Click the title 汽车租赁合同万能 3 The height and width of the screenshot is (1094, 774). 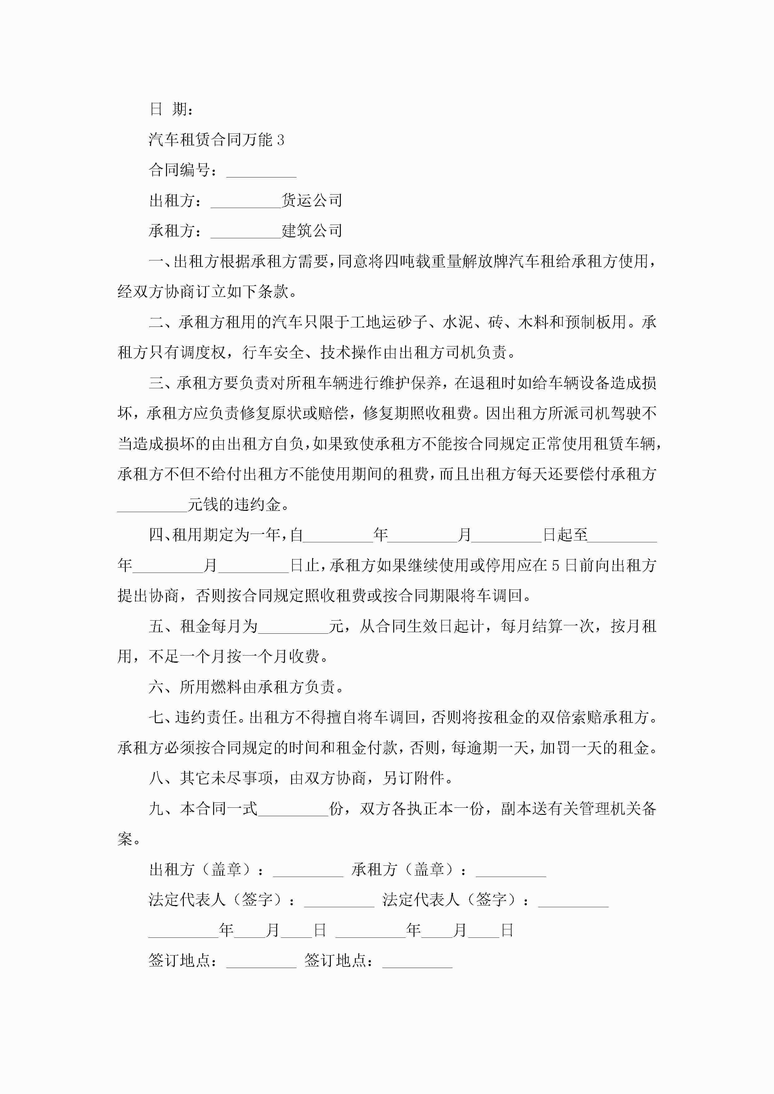coord(216,140)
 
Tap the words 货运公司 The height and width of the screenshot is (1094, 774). coord(311,201)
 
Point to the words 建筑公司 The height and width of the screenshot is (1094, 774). coord(311,231)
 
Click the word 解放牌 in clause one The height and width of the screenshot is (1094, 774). coord(486,262)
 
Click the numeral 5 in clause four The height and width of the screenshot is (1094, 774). coord(555,566)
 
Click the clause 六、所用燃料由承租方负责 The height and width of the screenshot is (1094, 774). coord(246,687)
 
